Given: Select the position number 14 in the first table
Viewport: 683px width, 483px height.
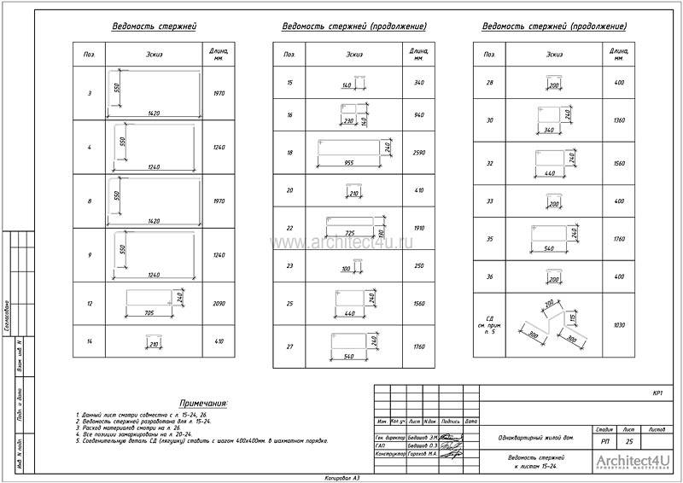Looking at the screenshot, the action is pos(89,343).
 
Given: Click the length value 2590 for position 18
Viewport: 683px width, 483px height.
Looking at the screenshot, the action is pos(418,153).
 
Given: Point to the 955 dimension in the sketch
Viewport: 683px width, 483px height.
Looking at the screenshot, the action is pos(348,161).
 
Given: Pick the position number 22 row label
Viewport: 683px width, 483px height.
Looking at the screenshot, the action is pos(289,228).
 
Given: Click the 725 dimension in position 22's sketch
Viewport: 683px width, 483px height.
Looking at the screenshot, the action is pos(349,233).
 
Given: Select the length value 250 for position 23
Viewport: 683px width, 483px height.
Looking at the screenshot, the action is pos(418,265).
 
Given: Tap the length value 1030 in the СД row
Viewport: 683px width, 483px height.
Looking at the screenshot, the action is pos(619,325).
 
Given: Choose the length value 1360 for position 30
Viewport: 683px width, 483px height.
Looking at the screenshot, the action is pos(619,120).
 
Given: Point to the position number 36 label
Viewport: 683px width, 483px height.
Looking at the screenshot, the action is pos(489,277).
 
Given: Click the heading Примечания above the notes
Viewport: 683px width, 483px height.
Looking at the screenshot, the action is pos(203,402).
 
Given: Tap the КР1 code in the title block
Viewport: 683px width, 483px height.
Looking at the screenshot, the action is pos(657,394).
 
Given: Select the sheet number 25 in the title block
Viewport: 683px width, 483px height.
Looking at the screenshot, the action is pos(628,442).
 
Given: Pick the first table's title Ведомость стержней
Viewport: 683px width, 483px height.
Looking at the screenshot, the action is pos(155,26).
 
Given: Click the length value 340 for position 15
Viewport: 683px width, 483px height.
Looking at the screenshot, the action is pos(418,83).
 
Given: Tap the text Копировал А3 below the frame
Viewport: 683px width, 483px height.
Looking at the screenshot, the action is pos(342,477).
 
